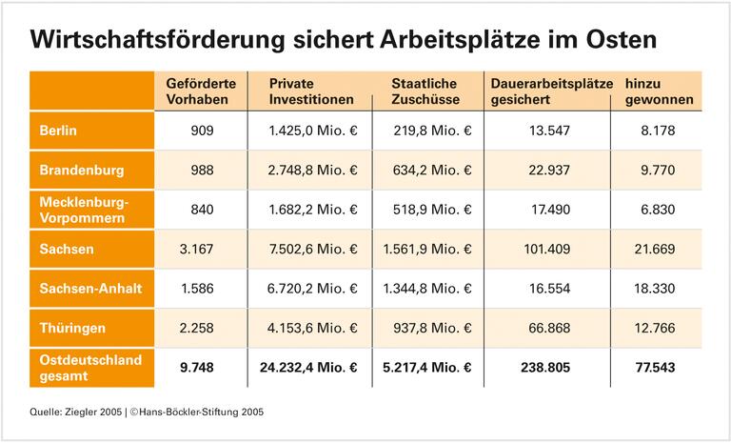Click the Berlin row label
click(x=58, y=130)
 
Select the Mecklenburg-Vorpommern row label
click(x=84, y=210)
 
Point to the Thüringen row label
click(x=72, y=328)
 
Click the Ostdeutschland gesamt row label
click(x=90, y=367)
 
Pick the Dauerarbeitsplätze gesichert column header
click(x=551, y=91)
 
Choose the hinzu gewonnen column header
click(x=659, y=91)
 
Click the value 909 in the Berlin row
click(x=203, y=131)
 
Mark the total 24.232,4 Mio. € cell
click(x=307, y=368)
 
